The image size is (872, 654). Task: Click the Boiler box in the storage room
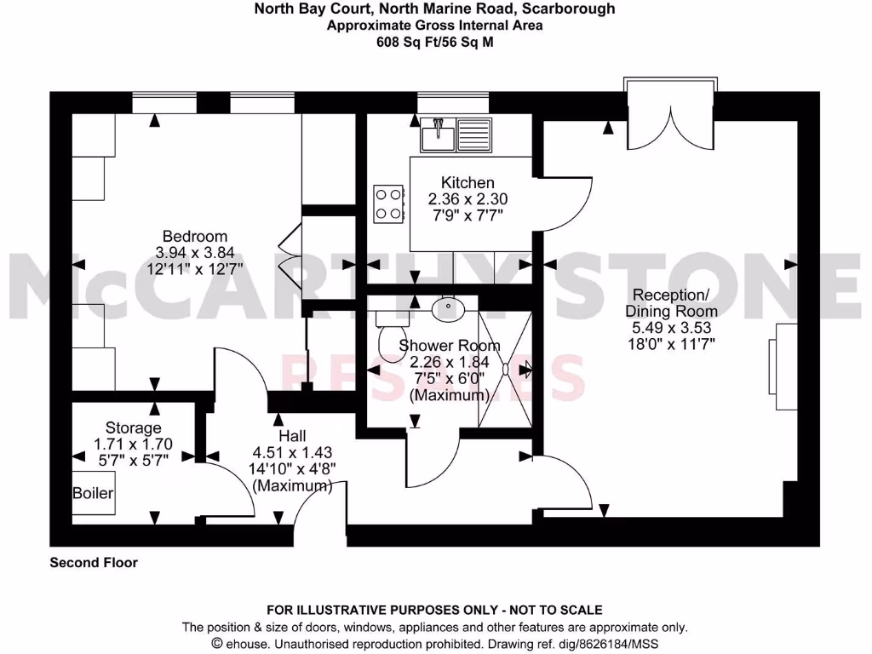pos(93,493)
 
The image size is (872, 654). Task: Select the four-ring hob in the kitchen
pos(388,204)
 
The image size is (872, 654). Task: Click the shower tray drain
pos(505,370)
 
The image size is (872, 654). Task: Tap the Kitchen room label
pos(468,182)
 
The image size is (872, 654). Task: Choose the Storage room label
pos(133,427)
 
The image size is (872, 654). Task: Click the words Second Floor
pos(94,562)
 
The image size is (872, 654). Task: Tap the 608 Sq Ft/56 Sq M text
pos(435,40)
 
